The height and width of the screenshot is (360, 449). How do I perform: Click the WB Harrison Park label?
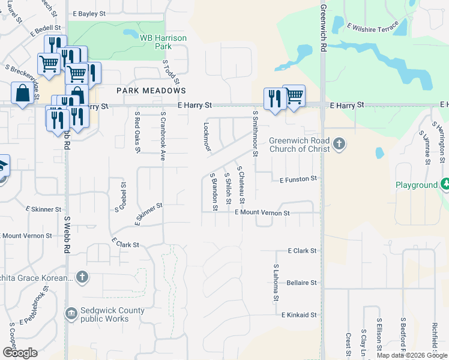[163, 41]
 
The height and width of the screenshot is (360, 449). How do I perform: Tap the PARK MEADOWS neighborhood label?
[151, 90]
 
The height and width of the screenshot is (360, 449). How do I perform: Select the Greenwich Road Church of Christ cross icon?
[339, 144]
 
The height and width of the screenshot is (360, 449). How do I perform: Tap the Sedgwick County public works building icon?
[71, 314]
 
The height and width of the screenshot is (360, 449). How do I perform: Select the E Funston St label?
[298, 179]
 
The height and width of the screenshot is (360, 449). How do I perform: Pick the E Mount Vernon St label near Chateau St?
[262, 212]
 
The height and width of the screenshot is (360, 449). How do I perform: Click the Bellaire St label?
[301, 282]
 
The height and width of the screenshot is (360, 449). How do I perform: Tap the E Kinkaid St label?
[298, 314]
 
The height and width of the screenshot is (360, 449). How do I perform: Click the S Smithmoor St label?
[255, 133]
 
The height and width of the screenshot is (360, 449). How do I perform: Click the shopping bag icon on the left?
[22, 94]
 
